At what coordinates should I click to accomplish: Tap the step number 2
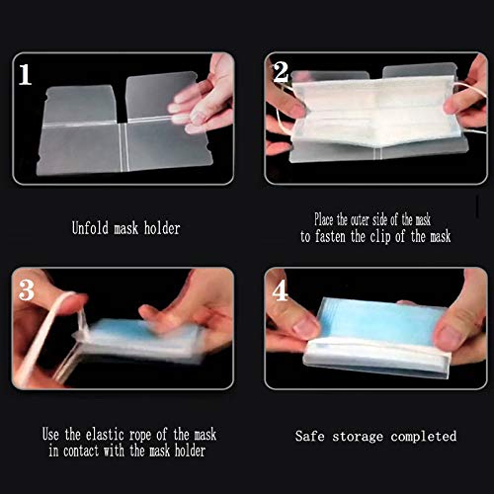tap(281, 71)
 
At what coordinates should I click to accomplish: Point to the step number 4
tap(282, 291)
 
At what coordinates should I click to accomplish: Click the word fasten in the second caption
tap(339, 237)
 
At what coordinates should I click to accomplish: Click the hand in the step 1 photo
tap(203, 99)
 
